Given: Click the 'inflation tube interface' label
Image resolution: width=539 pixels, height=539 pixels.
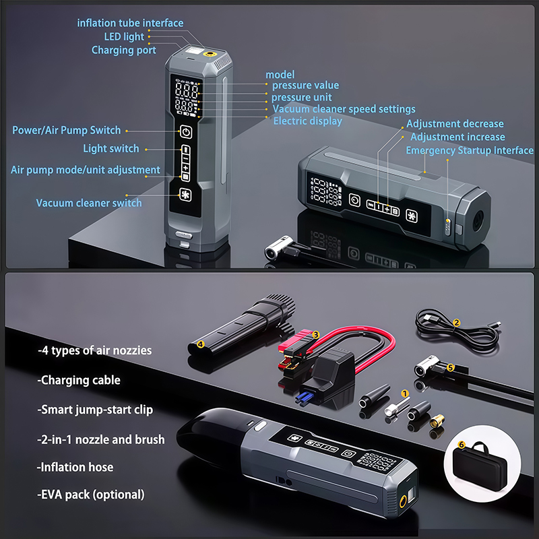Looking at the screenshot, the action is (x=130, y=23).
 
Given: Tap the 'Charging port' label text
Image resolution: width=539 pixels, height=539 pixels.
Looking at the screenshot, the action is (x=124, y=50).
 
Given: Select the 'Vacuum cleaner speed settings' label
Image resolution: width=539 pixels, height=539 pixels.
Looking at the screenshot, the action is (x=344, y=109).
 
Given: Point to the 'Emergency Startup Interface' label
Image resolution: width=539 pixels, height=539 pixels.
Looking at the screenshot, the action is (x=470, y=150).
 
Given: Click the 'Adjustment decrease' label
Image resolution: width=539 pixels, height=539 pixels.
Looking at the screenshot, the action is (x=455, y=124).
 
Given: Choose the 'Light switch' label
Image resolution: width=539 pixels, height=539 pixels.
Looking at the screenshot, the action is (x=111, y=148).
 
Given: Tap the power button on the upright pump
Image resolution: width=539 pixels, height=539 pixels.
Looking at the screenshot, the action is (x=186, y=132).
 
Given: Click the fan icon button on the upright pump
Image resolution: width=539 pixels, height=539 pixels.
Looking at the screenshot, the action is (x=185, y=195).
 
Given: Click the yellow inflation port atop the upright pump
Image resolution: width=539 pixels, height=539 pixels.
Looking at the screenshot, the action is (x=210, y=54).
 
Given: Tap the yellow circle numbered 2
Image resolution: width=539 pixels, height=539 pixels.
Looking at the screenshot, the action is (x=457, y=323).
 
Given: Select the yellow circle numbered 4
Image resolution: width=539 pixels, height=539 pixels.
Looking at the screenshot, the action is (x=201, y=344).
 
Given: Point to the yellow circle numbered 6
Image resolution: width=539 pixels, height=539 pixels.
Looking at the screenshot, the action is (x=462, y=445).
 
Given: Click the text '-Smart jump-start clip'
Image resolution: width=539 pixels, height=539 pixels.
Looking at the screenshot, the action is (x=95, y=410).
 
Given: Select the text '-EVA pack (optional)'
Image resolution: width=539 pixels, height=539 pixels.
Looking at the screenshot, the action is (x=91, y=495).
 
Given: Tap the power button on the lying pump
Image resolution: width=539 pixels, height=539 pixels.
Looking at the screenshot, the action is (x=354, y=200).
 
